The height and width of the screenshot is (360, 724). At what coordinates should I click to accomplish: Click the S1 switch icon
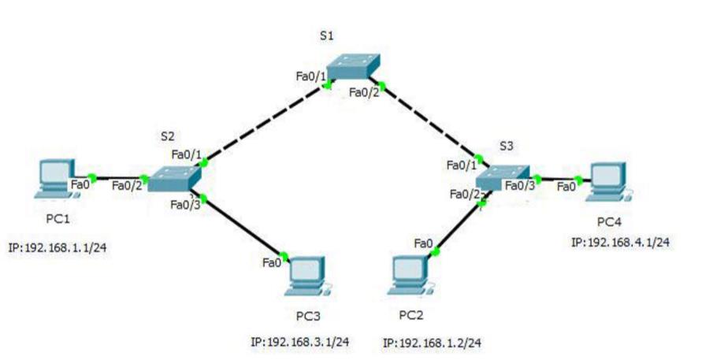pyautogui.click(x=354, y=66)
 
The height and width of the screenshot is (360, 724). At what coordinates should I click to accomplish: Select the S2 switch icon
pyautogui.click(x=175, y=180)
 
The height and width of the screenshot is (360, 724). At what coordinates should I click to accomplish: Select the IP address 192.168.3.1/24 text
pyautogui.click(x=299, y=342)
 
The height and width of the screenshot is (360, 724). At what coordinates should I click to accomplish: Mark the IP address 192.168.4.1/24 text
pyautogui.click(x=620, y=242)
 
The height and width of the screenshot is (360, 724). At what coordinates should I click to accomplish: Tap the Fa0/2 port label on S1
pyautogui.click(x=365, y=92)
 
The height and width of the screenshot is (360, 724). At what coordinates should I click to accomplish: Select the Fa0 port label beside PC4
pyautogui.click(x=566, y=187)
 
